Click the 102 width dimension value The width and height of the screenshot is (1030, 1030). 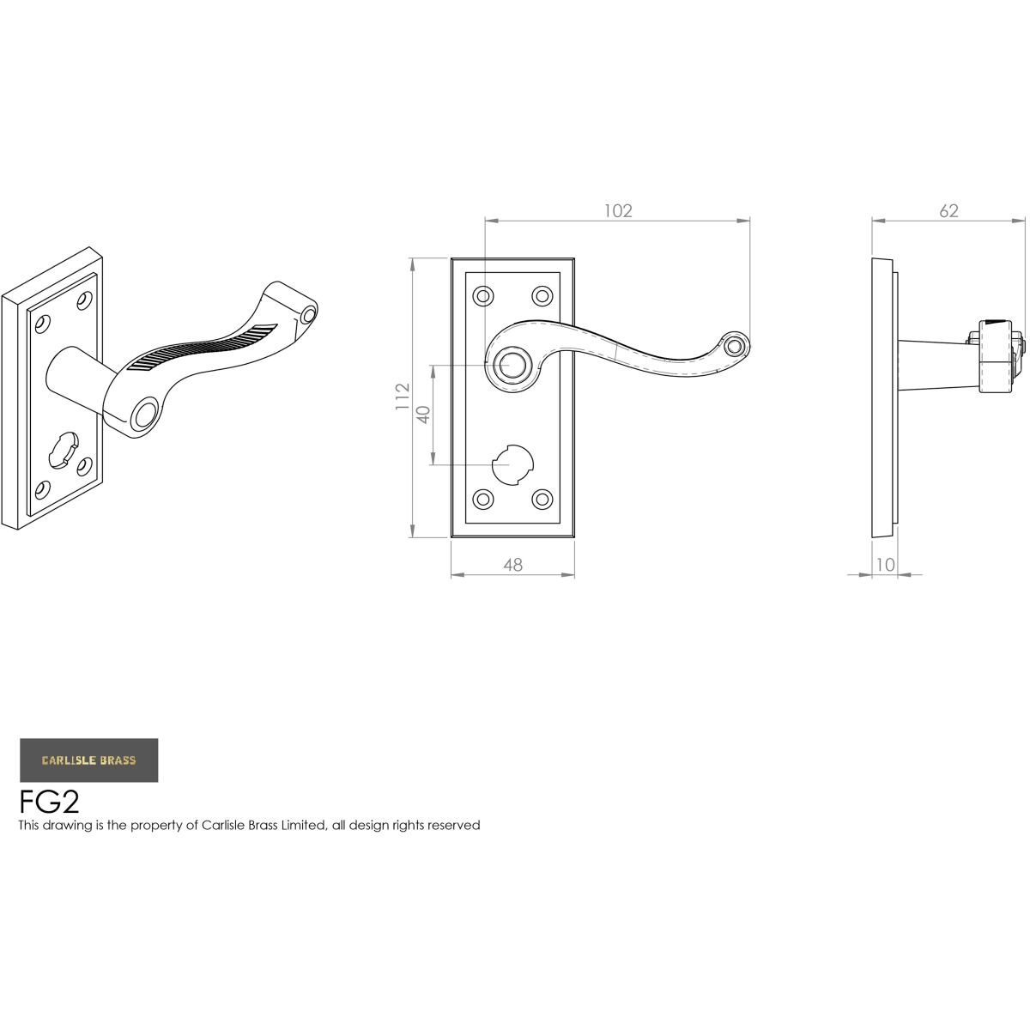click(x=618, y=211)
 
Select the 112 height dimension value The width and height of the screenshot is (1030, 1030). click(x=403, y=397)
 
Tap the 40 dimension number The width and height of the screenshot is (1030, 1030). click(x=422, y=415)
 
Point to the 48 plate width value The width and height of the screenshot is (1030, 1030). click(x=512, y=565)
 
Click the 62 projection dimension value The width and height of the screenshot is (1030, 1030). click(x=948, y=211)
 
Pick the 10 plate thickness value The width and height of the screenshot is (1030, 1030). click(x=885, y=565)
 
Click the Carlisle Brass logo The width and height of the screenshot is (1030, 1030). click(x=88, y=760)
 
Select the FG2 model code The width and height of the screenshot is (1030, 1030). click(x=49, y=802)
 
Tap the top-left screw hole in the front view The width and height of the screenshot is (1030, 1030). click(x=484, y=296)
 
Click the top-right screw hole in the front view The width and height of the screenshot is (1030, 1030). click(x=542, y=296)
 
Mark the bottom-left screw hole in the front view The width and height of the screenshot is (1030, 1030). click(x=484, y=499)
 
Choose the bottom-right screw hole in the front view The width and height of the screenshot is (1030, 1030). click(x=542, y=499)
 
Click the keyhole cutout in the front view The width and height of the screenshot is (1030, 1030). click(x=512, y=464)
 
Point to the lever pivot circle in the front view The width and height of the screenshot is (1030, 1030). click(x=514, y=365)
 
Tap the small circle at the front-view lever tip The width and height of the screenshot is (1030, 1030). click(x=735, y=346)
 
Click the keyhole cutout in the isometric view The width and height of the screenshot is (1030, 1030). click(x=62, y=451)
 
